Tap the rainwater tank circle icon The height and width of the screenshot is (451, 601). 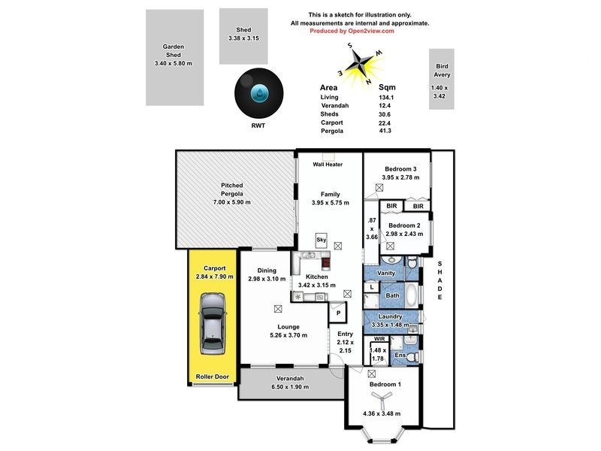(x=258, y=94)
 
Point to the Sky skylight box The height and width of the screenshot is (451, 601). (x=322, y=239)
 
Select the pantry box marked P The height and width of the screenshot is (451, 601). (x=339, y=313)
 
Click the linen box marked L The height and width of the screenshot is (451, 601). (x=373, y=286)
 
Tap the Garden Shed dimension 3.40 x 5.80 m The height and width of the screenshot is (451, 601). (x=174, y=64)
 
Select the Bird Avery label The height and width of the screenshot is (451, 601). (x=442, y=71)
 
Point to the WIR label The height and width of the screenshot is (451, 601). (x=379, y=340)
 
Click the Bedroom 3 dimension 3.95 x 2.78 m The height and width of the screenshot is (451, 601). (x=400, y=177)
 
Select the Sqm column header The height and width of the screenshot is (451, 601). (x=388, y=87)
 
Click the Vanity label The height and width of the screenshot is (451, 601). (x=387, y=273)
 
